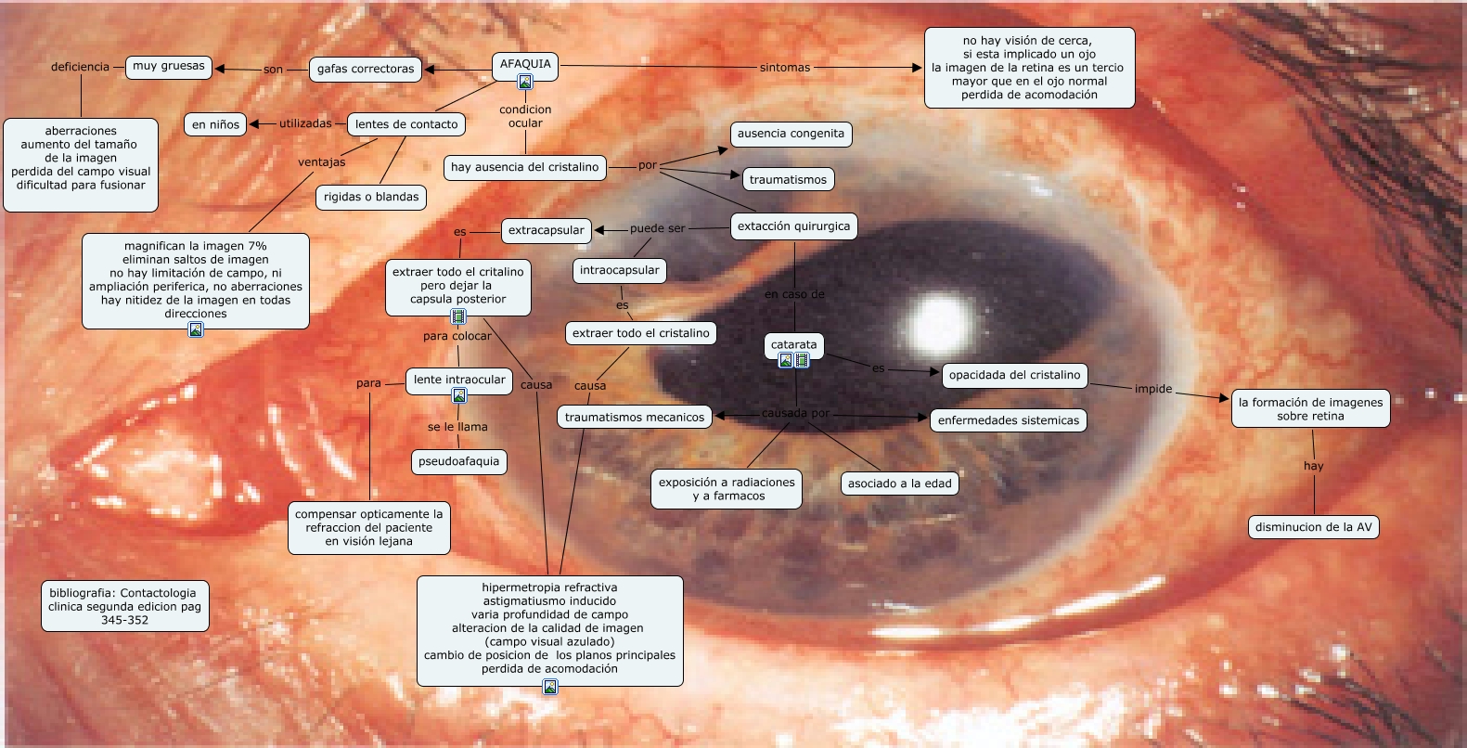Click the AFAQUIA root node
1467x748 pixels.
click(x=525, y=64)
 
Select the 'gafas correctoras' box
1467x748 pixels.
click(x=366, y=69)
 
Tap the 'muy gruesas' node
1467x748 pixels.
click(x=169, y=66)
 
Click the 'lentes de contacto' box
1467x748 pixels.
click(x=406, y=124)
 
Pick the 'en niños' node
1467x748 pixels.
click(x=215, y=124)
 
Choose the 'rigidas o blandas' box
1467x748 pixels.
click(x=371, y=197)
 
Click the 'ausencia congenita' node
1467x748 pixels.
click(x=791, y=134)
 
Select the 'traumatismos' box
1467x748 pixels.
click(x=788, y=179)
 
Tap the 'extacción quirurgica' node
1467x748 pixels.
click(x=793, y=226)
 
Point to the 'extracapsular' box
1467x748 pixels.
click(x=547, y=230)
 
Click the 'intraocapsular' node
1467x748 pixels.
click(x=619, y=271)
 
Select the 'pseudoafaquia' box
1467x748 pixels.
click(x=458, y=461)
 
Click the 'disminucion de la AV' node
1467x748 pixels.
click(x=1313, y=527)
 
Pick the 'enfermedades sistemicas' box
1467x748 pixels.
click(x=1008, y=420)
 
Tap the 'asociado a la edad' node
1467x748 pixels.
click(x=899, y=484)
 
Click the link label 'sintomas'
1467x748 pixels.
click(x=785, y=68)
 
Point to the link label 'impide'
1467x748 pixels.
click(x=1153, y=389)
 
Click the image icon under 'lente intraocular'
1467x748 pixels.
click(x=458, y=396)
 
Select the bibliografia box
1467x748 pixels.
click(x=123, y=606)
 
